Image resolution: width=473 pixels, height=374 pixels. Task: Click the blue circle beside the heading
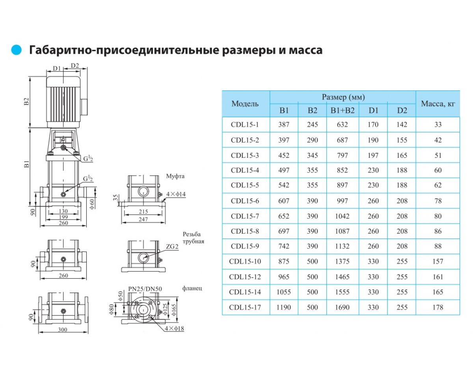pyautogui.click(x=16, y=50)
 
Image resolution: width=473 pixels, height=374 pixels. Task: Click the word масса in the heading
pyautogui.click(x=305, y=50)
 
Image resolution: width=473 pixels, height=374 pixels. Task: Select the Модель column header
pyautogui.click(x=245, y=104)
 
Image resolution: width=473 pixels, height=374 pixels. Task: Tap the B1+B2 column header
pyautogui.click(x=343, y=111)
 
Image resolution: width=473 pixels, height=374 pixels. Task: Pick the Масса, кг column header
pyautogui.click(x=438, y=104)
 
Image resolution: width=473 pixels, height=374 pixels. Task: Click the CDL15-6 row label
pyautogui.click(x=245, y=201)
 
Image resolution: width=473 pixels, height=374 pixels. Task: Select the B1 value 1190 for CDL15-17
pyautogui.click(x=283, y=307)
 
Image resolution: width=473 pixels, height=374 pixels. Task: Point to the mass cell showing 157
pyautogui.click(x=438, y=261)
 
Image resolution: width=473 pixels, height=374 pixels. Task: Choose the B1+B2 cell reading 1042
pyautogui.click(x=342, y=216)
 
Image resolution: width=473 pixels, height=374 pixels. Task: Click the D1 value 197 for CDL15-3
pyautogui.click(x=373, y=155)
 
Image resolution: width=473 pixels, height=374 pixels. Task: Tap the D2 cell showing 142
pyautogui.click(x=402, y=124)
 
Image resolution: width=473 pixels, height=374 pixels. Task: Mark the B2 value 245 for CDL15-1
pyautogui.click(x=312, y=124)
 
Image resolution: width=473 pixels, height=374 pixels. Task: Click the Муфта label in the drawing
pyautogui.click(x=175, y=176)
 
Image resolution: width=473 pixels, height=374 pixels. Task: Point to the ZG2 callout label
pyautogui.click(x=172, y=246)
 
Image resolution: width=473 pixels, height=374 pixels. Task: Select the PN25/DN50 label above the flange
pyautogui.click(x=145, y=289)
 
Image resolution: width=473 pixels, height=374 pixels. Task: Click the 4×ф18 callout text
pyautogui.click(x=174, y=328)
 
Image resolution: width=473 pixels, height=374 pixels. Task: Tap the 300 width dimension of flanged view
pyautogui.click(x=63, y=330)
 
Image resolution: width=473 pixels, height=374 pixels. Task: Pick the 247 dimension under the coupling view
pyautogui.click(x=143, y=219)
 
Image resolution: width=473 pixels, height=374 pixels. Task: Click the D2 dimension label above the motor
pyautogui.click(x=75, y=65)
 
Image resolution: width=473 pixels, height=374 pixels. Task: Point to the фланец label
pyautogui.click(x=192, y=288)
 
